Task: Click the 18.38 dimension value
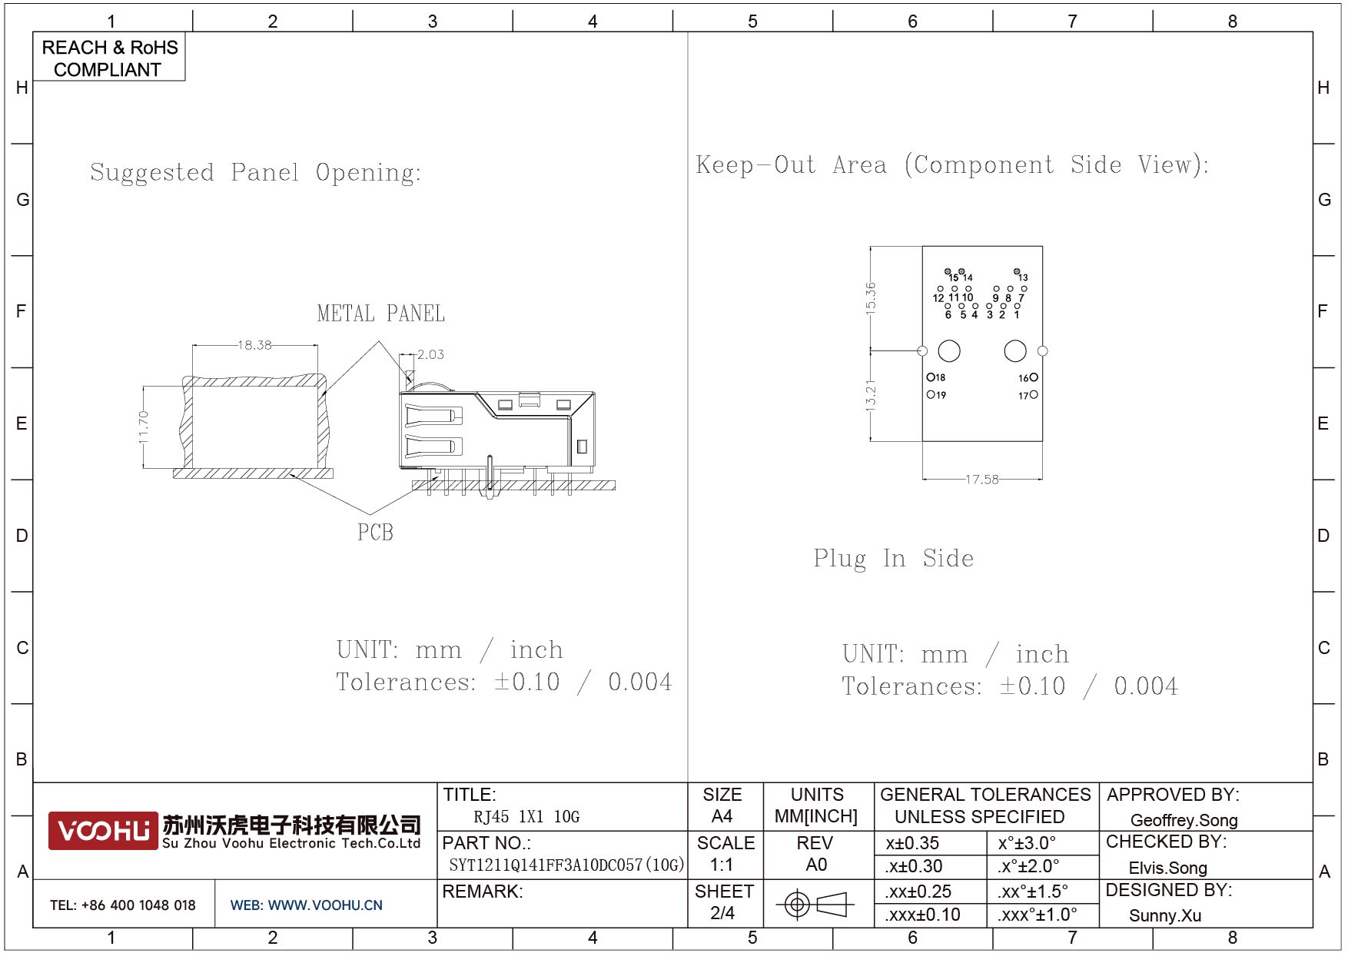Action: (x=254, y=345)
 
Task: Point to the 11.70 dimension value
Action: (x=143, y=427)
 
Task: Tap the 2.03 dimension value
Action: (x=430, y=354)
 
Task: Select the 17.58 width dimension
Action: (x=982, y=480)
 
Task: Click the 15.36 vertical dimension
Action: (x=870, y=297)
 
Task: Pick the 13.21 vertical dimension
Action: (x=870, y=395)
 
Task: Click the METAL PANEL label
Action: (x=381, y=314)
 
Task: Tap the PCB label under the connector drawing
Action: (x=375, y=532)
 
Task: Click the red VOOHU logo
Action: (x=103, y=831)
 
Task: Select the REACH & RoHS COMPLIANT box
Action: (x=109, y=58)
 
